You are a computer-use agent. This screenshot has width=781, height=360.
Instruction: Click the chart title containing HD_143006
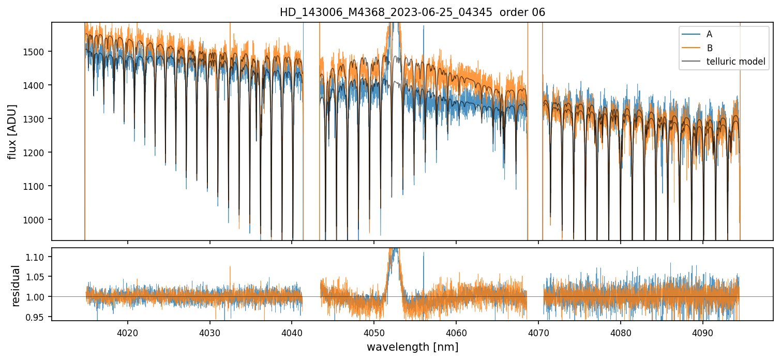tap(412, 12)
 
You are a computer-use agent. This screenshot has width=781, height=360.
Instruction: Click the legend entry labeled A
tap(709, 34)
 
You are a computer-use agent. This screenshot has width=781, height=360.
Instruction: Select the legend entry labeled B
tap(709, 48)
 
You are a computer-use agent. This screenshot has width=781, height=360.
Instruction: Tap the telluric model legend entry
tap(735, 62)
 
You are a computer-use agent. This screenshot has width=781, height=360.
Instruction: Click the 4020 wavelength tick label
tap(128, 332)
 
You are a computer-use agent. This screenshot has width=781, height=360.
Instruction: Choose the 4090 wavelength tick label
tap(703, 332)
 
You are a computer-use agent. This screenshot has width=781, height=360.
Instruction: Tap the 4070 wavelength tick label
tap(538, 332)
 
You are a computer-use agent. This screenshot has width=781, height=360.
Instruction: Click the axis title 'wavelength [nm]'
tap(412, 347)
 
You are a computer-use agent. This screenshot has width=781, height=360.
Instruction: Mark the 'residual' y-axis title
tap(16, 285)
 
